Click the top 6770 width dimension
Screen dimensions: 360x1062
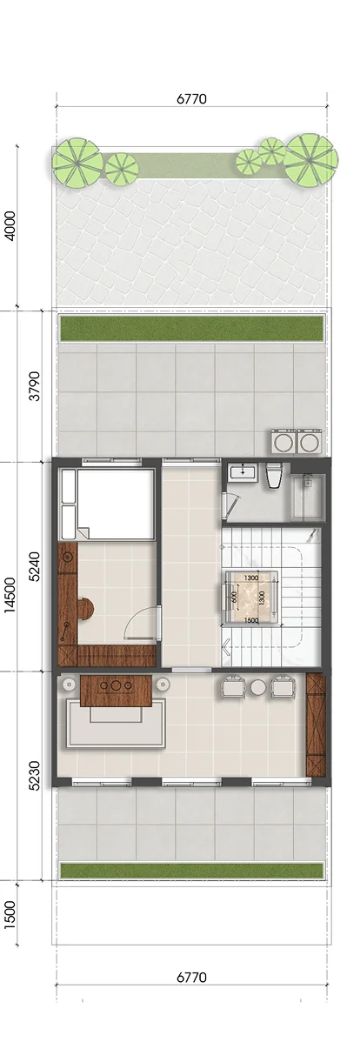coord(191,99)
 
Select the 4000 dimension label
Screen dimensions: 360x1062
coord(10,225)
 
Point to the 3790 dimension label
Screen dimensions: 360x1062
coord(35,386)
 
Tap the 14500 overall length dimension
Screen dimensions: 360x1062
coord(10,595)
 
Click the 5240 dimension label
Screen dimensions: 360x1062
coord(35,566)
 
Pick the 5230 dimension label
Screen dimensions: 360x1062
coord(35,776)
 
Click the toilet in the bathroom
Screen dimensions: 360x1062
coord(274,476)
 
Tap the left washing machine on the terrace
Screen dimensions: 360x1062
coord(283,442)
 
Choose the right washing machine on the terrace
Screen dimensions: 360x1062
coord(309,442)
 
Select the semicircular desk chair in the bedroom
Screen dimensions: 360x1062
coord(86,609)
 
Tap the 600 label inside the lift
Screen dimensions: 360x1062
coord(234,597)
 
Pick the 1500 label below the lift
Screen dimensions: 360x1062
coord(250,620)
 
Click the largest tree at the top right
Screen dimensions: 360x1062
coord(311,160)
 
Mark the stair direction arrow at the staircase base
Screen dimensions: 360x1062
coord(227,645)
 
